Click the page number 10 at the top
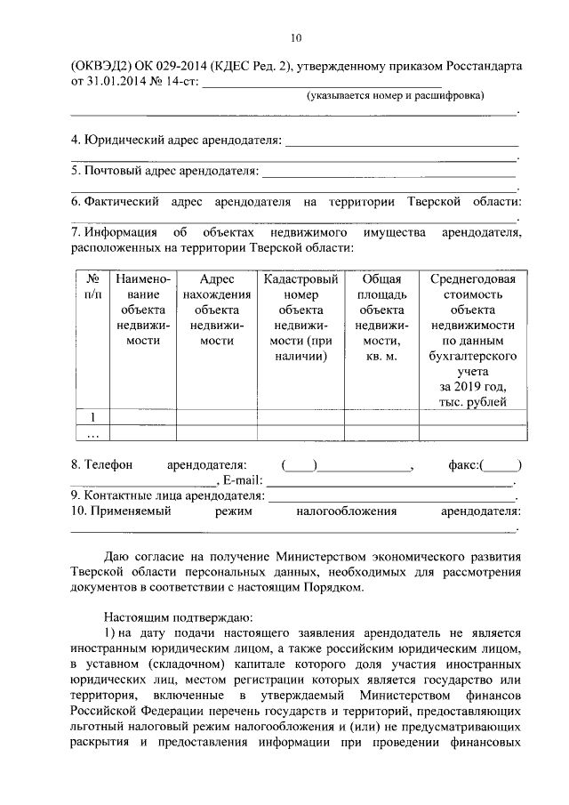(295, 36)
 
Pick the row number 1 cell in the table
(92, 416)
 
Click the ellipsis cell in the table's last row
(92, 433)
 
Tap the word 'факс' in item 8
(464, 464)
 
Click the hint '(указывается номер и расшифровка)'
(396, 95)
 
